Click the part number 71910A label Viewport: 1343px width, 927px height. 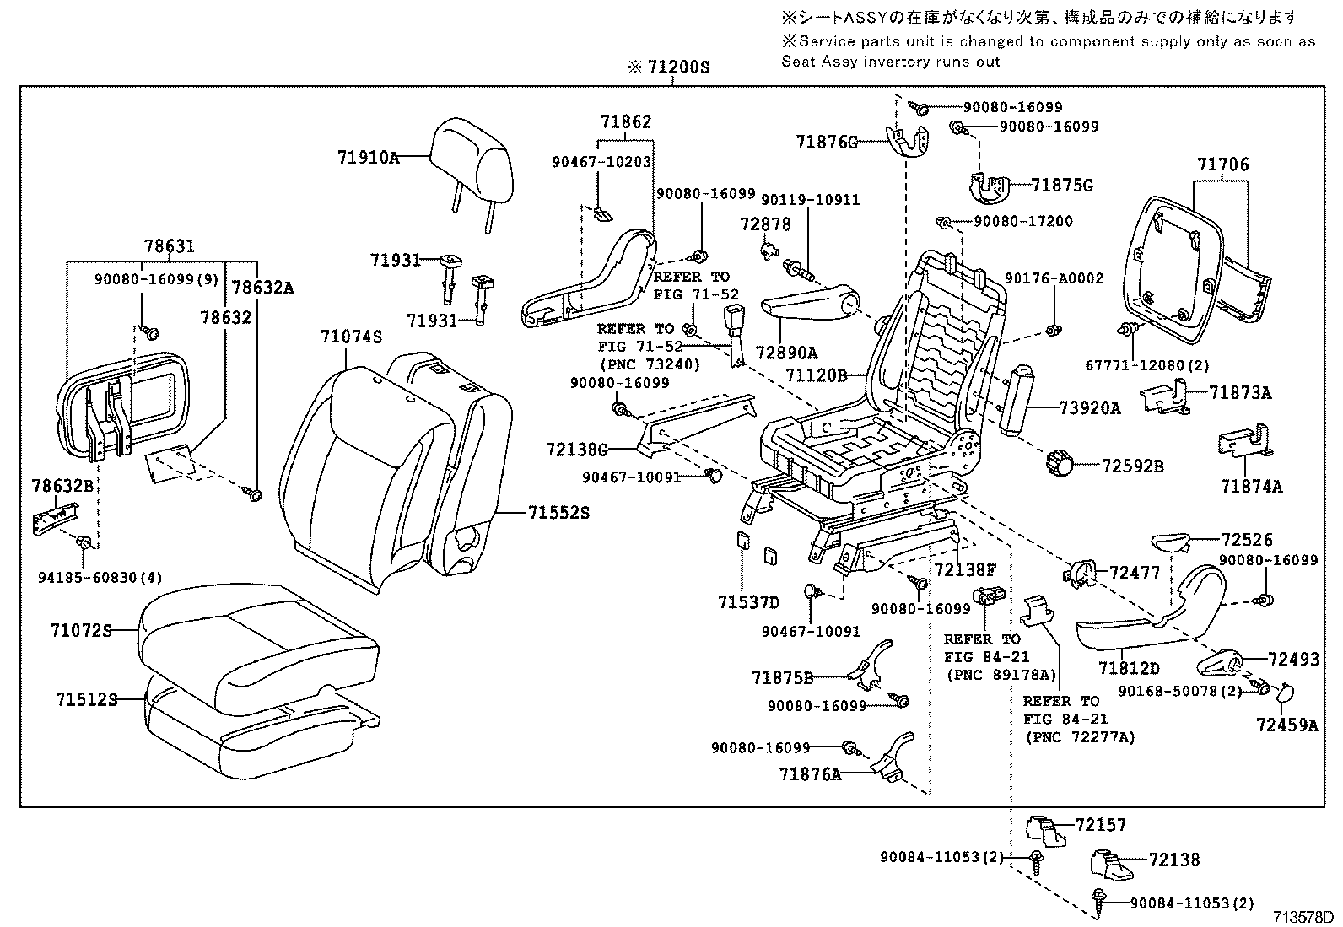[368, 157]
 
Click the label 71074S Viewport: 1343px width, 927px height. [351, 337]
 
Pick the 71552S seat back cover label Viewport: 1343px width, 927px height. [558, 512]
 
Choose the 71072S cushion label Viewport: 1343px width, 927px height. [81, 630]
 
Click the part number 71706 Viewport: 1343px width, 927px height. [1222, 165]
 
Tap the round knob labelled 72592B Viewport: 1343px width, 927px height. [1060, 462]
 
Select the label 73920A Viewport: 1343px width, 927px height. [1090, 408]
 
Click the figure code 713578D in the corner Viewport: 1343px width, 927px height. [1303, 917]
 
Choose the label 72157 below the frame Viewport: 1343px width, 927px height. [1100, 825]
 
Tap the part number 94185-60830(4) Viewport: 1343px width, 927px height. [100, 577]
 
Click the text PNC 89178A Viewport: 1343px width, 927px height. [1001, 675]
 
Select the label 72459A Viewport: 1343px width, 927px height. [1286, 725]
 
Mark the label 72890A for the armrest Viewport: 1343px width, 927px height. [786, 353]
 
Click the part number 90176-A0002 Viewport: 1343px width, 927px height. [1054, 278]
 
